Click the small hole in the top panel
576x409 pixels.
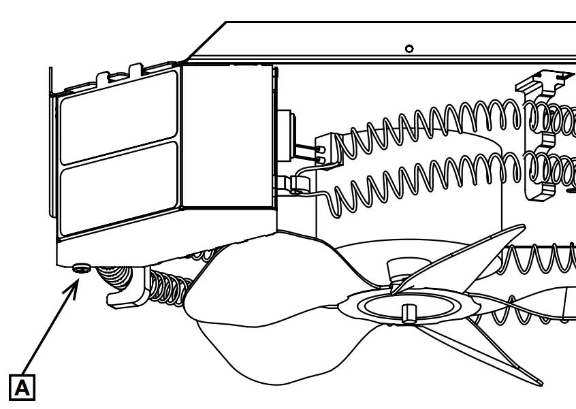pos(409,49)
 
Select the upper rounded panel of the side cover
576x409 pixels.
pos(118,116)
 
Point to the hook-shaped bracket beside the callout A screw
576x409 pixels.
pos(126,289)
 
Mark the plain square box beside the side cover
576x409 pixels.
pos(228,136)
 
